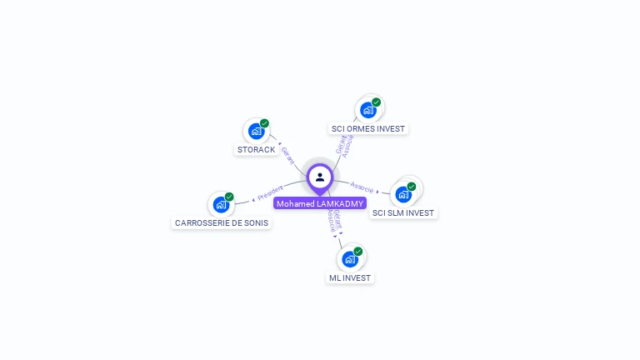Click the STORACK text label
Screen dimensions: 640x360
tap(256, 150)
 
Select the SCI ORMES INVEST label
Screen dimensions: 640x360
tap(367, 129)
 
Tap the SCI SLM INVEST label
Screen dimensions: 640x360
tap(403, 213)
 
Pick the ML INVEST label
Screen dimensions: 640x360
tap(350, 277)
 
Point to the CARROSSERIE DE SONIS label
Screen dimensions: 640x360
tap(222, 223)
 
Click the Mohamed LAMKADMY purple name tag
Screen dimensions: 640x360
tap(320, 203)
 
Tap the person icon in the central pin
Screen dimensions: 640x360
tap(320, 177)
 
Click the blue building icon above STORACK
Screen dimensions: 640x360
tap(256, 131)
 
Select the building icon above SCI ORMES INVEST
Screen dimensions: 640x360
tap(367, 110)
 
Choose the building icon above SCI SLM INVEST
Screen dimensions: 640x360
tap(403, 194)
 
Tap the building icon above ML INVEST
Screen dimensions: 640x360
tap(350, 258)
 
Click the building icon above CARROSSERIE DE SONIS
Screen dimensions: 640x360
tap(221, 204)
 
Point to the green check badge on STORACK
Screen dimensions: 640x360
tap(264, 123)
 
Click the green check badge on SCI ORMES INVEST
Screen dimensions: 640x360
tap(376, 102)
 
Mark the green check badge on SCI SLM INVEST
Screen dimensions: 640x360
tap(412, 187)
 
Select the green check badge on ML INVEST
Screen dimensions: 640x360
tap(358, 251)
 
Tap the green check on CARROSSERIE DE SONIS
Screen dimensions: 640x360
tap(229, 197)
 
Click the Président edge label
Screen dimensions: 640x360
tap(271, 193)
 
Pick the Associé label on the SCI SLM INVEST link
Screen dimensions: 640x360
tap(362, 187)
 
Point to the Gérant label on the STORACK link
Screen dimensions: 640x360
tap(287, 154)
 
